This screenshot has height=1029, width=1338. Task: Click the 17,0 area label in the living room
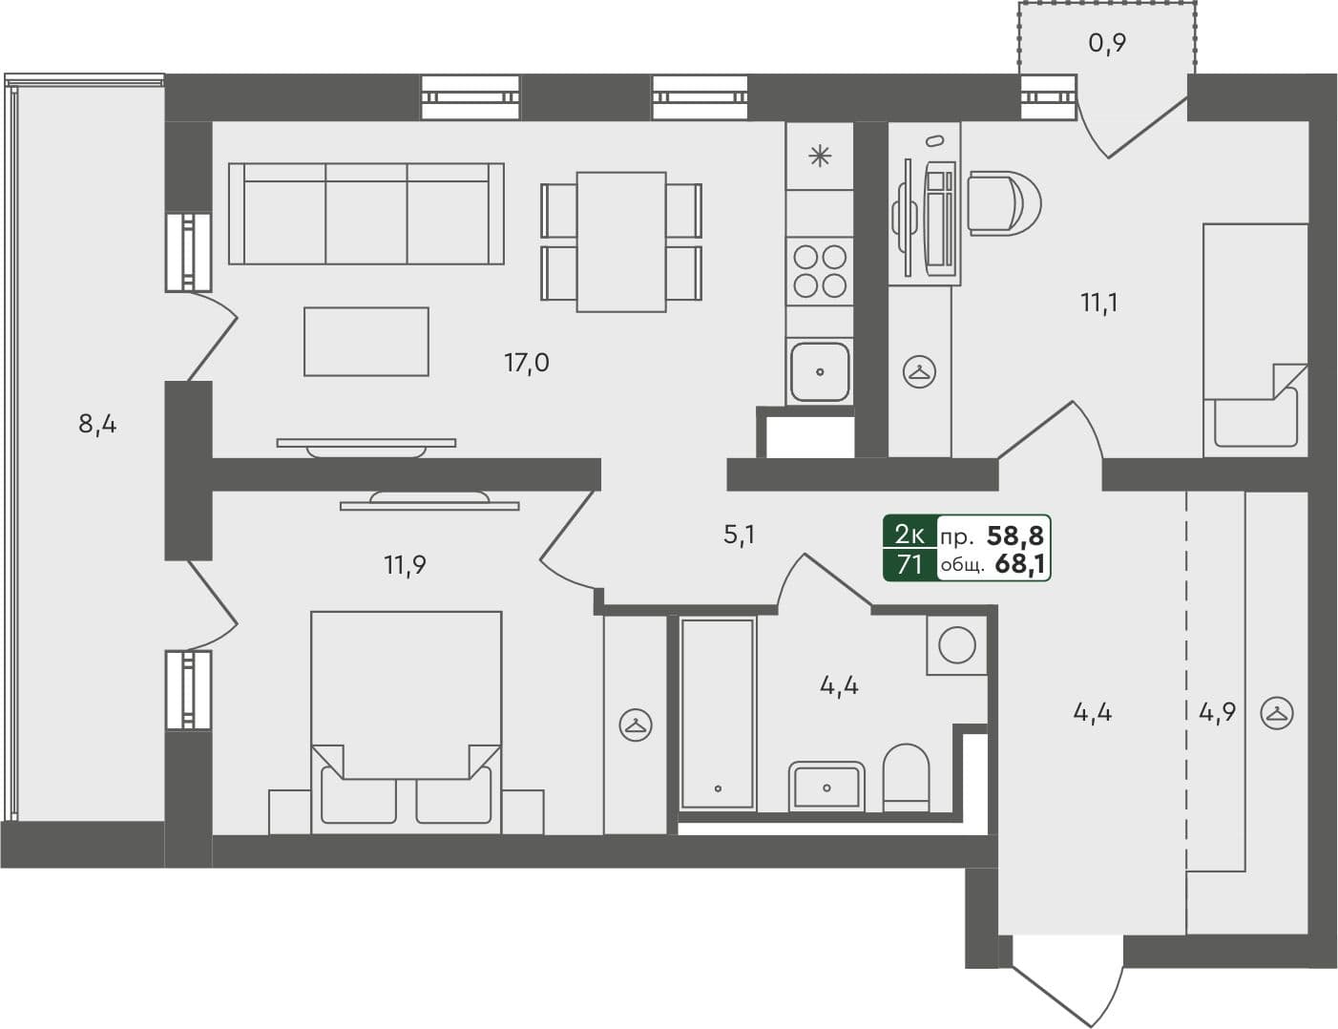click(526, 363)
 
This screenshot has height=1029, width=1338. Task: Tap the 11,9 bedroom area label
click(405, 565)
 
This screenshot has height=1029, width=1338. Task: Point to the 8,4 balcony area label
click(97, 423)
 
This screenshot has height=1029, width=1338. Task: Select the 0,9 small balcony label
click(1107, 43)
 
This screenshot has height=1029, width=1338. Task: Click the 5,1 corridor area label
click(739, 535)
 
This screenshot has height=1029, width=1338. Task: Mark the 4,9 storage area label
click(1217, 712)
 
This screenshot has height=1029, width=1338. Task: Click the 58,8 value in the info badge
click(1014, 535)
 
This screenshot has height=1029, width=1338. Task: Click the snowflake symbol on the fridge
click(820, 156)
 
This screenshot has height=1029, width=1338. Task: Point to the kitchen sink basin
click(820, 371)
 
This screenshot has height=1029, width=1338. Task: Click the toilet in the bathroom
click(906, 776)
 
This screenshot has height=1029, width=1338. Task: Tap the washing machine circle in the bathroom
click(956, 645)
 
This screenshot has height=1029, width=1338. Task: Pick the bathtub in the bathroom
click(717, 713)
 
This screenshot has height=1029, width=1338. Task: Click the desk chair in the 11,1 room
click(1002, 203)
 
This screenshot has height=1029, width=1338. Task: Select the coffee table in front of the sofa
click(366, 341)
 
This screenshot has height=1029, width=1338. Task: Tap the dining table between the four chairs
click(621, 241)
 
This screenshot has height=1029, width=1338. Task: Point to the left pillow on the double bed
click(359, 794)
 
